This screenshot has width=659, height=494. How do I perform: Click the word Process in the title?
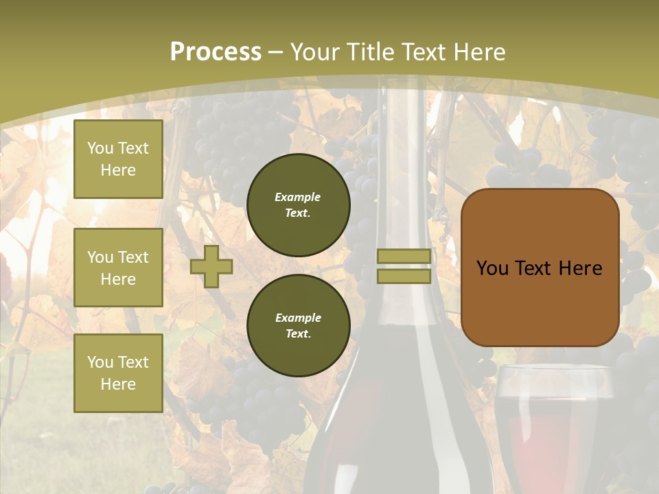pos(216,52)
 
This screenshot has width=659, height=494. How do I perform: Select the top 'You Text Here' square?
pos(118,159)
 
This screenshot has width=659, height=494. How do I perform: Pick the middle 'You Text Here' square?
pos(118,268)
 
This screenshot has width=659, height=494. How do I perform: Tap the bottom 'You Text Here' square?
pos(118,373)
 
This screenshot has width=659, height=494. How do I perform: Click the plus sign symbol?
pos(211,266)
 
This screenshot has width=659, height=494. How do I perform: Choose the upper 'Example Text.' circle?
pos(298,204)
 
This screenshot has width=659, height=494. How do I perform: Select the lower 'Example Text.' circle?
pos(298,325)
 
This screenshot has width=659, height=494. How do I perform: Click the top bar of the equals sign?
pos(404,257)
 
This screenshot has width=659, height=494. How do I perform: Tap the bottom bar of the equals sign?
pos(404,277)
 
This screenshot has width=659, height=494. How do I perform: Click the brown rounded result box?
pos(540,302)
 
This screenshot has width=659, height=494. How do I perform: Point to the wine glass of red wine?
pos(553,425)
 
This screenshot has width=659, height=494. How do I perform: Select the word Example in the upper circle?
pos(298,197)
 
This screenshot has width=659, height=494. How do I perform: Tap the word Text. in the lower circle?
pos(298,334)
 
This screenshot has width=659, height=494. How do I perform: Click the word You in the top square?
pos(100,148)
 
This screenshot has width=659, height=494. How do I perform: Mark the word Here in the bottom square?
pos(118,384)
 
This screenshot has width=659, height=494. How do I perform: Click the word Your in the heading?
pos(314,52)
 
